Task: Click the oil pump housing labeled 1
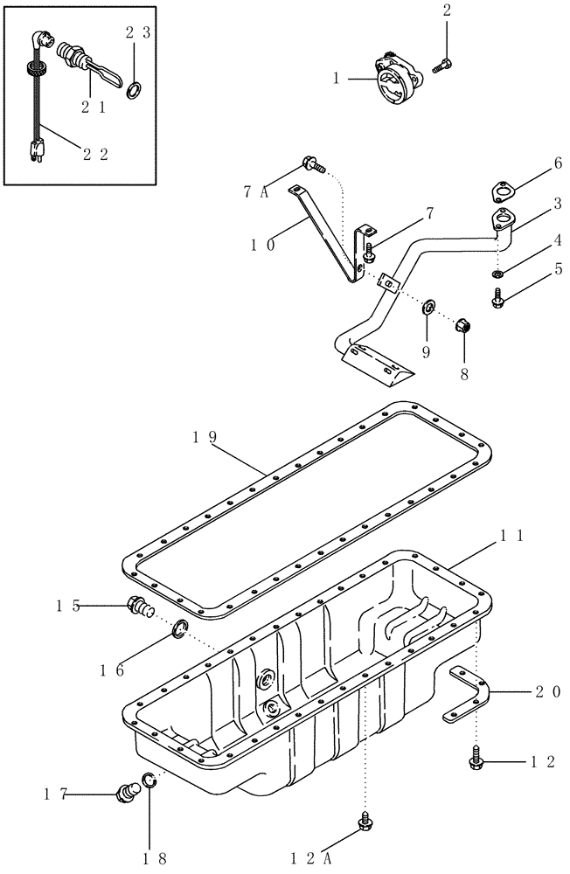click(x=394, y=80)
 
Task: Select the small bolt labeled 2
click(x=441, y=62)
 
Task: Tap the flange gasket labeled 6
click(x=504, y=191)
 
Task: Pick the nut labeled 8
click(x=465, y=328)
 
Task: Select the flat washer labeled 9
click(x=429, y=308)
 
